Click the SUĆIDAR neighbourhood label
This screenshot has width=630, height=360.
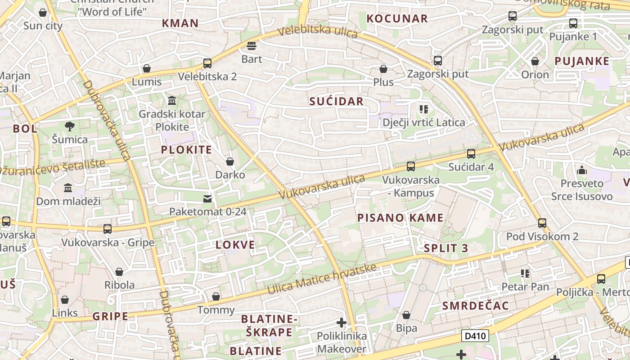point(336,101)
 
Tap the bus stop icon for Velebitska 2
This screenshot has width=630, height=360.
point(207,63)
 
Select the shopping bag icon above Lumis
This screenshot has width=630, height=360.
point(146,68)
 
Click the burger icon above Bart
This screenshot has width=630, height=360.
point(252,46)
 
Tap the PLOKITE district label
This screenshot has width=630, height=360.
point(186,150)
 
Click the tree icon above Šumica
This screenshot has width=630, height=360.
point(69,126)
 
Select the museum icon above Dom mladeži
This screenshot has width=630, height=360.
point(68,188)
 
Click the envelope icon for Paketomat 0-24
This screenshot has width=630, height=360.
point(207,198)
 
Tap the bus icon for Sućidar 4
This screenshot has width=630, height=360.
point(471,154)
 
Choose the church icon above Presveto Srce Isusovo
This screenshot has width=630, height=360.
point(581,170)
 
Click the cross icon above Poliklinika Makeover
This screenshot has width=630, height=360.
point(342,323)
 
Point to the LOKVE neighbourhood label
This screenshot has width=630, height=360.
point(235,245)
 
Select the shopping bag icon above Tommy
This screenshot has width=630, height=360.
point(216,297)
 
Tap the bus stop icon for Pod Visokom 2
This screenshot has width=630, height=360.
point(542,223)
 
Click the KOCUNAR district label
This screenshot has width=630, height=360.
point(397,18)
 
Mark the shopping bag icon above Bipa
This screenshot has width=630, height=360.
point(406,315)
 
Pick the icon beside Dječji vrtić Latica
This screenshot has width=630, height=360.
point(423,109)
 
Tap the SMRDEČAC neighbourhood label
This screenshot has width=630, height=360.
point(475,306)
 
